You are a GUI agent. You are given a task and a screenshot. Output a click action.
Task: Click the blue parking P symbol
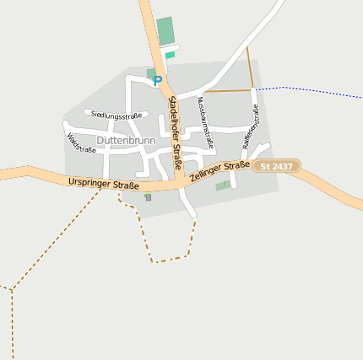pyautogui.click(x=157, y=81)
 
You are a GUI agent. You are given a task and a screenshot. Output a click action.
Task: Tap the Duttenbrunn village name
pyautogui.click(x=126, y=140)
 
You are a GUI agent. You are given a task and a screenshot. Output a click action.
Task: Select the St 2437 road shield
pyautogui.click(x=276, y=167)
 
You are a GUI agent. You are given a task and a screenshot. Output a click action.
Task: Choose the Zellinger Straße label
pyautogui.click(x=219, y=172)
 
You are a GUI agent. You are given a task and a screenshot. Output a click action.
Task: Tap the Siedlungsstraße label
pyautogui.click(x=116, y=115)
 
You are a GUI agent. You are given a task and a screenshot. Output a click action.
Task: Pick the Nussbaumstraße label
pyautogui.click(x=205, y=122)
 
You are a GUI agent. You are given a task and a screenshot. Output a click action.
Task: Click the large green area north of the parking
pyautogui.click(x=165, y=31)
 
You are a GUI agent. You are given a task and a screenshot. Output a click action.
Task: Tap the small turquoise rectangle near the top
pyautogui.click(x=170, y=55)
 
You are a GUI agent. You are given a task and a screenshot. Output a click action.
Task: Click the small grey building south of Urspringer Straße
pyautogui.click(x=149, y=198)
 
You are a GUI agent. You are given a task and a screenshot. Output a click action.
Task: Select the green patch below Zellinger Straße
pyautogui.click(x=222, y=185)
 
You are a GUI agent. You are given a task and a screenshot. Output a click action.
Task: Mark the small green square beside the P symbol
pyautogui.click(x=150, y=73)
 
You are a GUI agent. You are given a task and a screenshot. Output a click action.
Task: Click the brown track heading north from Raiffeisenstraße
pyautogui.click(x=250, y=67)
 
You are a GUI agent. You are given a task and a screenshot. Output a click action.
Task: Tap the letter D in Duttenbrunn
pyautogui.click(x=100, y=140)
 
